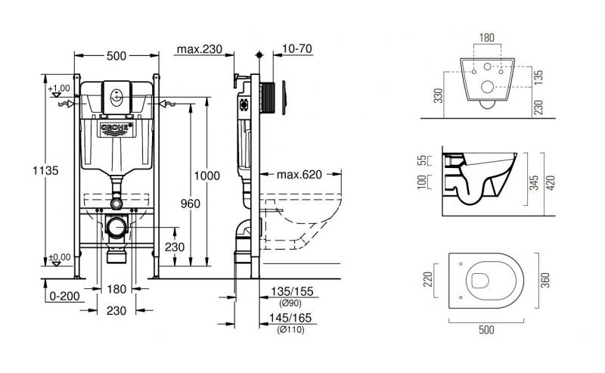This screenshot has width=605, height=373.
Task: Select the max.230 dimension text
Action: tap(199, 50)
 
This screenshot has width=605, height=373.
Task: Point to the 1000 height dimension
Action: tap(206, 176)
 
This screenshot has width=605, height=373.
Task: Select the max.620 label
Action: tap(299, 175)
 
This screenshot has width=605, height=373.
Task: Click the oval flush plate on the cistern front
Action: tap(117, 96)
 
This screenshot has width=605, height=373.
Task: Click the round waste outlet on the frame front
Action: tap(116, 227)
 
